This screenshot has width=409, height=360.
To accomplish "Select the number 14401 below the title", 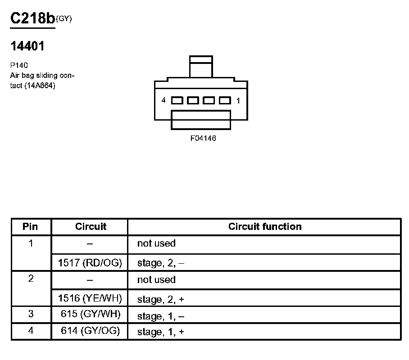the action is (27, 46).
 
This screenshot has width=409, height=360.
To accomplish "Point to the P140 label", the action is (19, 65).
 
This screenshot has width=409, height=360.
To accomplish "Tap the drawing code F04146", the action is (203, 139).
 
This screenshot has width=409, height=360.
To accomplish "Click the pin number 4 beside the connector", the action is (164, 100).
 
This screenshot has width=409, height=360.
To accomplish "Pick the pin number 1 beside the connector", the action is (238, 100).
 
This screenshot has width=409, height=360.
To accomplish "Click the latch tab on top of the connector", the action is (201, 67).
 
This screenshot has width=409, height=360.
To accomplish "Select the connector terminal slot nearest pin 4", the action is (177, 100).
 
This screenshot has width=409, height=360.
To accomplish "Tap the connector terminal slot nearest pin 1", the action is (225, 100).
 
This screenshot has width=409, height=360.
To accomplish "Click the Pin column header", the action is (31, 226).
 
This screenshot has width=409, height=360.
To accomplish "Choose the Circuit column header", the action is (91, 226).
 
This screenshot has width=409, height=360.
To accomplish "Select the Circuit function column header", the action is (265, 226).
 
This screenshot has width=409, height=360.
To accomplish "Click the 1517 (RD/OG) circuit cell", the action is (90, 263).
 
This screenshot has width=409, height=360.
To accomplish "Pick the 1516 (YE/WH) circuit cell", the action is (90, 298).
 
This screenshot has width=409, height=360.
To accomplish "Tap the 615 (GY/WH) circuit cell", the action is (90, 315).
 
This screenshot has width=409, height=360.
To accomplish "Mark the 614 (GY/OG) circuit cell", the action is (90, 331).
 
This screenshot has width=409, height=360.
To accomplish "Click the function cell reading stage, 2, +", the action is (161, 299).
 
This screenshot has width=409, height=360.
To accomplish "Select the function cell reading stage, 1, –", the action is (161, 316).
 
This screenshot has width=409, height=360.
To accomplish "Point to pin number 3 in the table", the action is (31, 315).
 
